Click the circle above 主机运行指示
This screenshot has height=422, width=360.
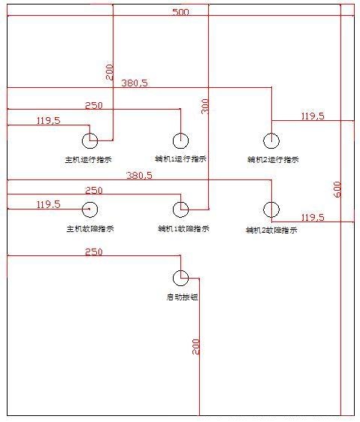tap(89, 140)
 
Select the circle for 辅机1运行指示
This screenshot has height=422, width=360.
tap(180, 140)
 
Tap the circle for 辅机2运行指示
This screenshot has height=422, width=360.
tap(271, 140)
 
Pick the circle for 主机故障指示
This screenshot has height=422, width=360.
tap(89, 209)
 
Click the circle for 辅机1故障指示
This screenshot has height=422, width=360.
tap(180, 209)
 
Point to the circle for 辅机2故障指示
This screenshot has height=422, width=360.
tap(271, 209)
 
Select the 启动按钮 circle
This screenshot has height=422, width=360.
tap(180, 278)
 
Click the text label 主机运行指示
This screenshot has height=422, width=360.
tap(89, 159)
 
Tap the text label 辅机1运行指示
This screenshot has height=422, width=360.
tap(180, 159)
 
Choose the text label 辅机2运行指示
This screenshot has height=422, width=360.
tap(273, 159)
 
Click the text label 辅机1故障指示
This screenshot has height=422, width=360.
tap(183, 228)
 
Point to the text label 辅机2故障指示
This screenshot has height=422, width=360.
tap(271, 231)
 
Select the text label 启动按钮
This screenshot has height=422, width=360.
tap(181, 297)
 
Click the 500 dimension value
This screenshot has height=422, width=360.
tap(180, 12)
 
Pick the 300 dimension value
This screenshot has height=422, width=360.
tap(205, 106)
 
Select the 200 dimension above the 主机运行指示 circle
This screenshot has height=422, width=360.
tap(110, 72)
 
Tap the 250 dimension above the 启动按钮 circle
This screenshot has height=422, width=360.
tap(94, 252)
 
